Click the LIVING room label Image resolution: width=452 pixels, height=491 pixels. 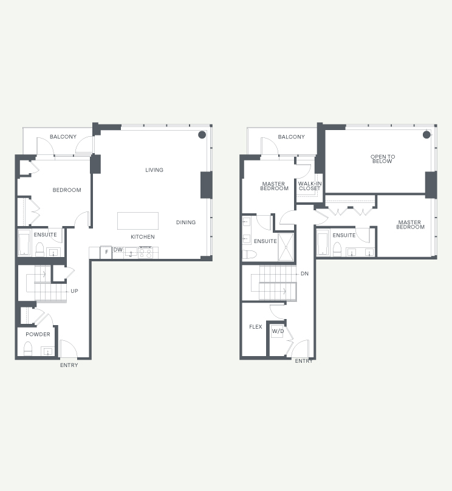click(x=154, y=170)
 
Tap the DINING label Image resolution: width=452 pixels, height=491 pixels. click(x=186, y=222)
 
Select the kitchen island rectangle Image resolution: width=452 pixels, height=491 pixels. click(x=138, y=221)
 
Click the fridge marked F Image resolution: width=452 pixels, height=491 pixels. click(x=106, y=252)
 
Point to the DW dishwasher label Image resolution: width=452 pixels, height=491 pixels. click(x=118, y=250)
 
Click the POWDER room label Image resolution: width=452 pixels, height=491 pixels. click(x=38, y=334)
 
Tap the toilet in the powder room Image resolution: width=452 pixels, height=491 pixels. click(x=28, y=349)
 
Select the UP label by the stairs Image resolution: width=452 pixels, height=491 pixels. click(x=74, y=291)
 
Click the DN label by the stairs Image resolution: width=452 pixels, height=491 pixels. click(x=304, y=273)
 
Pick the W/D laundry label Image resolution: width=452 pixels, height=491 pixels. click(x=278, y=331)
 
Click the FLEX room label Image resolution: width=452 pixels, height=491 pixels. click(x=255, y=327)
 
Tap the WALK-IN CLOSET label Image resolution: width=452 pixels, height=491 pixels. click(x=310, y=186)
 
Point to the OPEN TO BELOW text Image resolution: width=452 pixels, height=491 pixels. click(x=383, y=159)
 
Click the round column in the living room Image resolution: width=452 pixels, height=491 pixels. click(x=202, y=135)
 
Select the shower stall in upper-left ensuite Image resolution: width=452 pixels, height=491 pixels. click(x=286, y=247)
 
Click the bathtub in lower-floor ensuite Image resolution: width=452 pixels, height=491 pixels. click(x=24, y=242)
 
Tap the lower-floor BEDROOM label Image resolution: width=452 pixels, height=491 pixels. click(x=67, y=190)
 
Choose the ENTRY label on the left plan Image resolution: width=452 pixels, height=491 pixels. click(x=69, y=365)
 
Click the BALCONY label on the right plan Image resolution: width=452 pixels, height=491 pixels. click(x=291, y=137)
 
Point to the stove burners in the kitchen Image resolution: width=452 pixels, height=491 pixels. click(x=145, y=253)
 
